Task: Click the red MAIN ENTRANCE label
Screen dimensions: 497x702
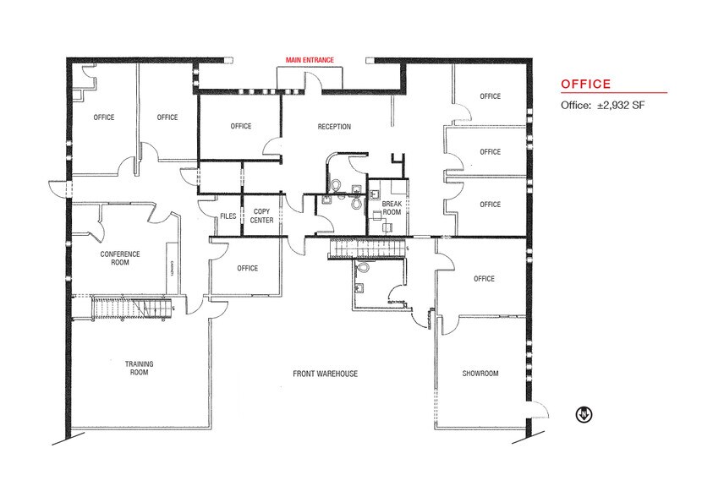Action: click(310, 59)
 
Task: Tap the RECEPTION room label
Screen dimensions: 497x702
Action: click(334, 127)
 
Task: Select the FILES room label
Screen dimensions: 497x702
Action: click(228, 216)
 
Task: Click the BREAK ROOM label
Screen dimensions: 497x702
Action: click(391, 208)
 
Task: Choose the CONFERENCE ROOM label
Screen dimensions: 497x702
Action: click(120, 258)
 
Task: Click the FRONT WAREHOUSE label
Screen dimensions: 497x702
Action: click(326, 374)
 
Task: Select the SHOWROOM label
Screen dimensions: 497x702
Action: click(480, 374)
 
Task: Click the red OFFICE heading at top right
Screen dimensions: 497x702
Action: click(586, 85)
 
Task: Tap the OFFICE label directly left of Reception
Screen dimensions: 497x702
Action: click(241, 127)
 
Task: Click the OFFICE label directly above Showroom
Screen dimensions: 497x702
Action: click(484, 279)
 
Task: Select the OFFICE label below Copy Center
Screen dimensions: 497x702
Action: click(247, 269)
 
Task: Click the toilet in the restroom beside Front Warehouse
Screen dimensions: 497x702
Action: click(364, 268)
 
